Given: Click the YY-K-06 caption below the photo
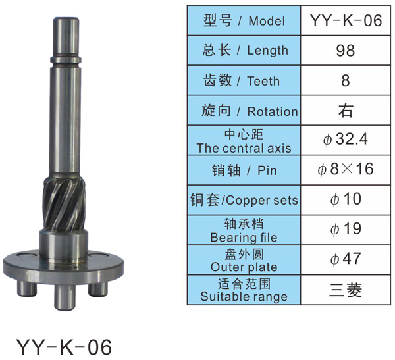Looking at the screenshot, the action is pos(64,347).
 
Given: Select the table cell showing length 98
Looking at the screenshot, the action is pos(346,50).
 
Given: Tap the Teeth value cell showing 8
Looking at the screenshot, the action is pos(346,80).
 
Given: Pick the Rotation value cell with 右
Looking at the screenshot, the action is pos(346,110).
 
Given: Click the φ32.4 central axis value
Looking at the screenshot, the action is pos(346,140).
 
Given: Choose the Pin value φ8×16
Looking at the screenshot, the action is pos(346,169).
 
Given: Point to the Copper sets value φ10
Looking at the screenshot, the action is pos(346,199).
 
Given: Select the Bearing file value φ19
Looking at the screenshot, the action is pos(346,229).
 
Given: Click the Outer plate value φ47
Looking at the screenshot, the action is pos(346,259).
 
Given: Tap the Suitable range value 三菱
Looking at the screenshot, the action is pos(346,290).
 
